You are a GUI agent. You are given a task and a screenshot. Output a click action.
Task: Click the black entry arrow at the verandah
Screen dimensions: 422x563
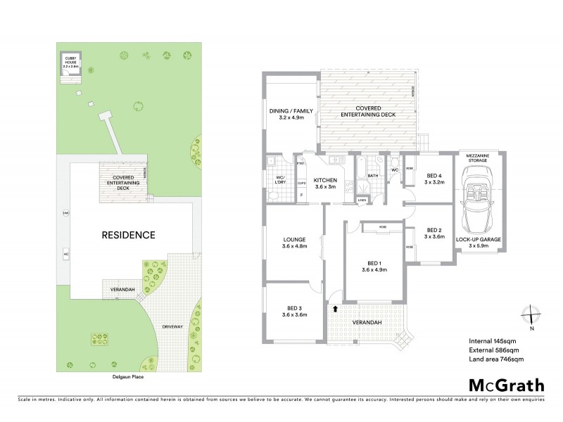coord(335,308)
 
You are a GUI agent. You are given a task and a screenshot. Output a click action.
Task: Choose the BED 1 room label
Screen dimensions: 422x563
coord(374,264)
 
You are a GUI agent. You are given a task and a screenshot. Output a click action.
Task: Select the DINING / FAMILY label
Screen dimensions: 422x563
coord(290,115)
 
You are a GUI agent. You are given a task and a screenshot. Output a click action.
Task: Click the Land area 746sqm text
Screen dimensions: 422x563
coord(491,359)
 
